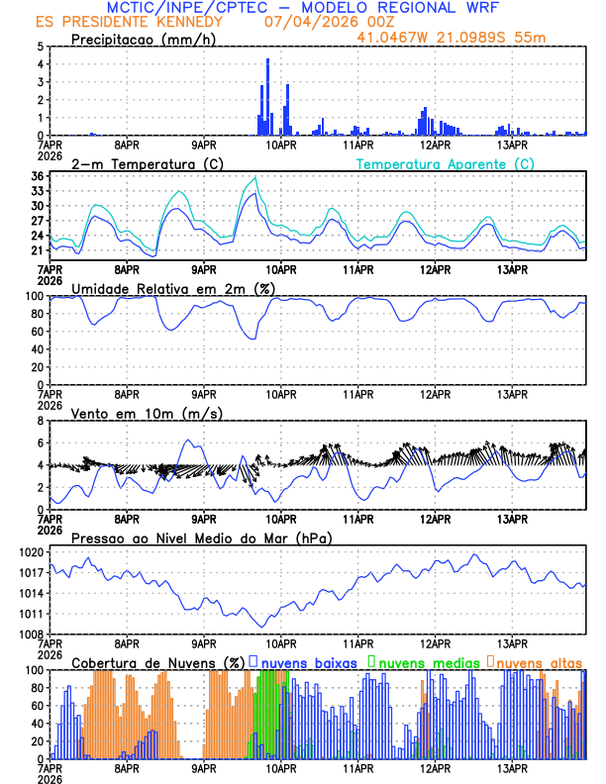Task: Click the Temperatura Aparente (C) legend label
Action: coord(445,163)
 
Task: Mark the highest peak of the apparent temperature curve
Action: coord(255,178)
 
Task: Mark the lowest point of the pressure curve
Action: coord(262,626)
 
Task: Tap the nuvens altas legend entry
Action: coord(538,661)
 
